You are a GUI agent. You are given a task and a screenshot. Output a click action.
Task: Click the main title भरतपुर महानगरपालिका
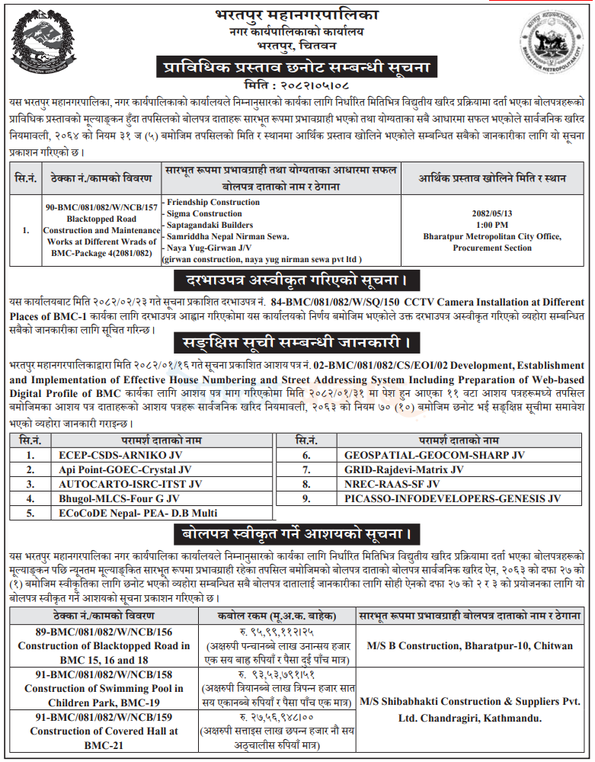296,14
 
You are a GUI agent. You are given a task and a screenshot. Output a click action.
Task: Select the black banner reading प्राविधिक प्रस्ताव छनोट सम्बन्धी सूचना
297,67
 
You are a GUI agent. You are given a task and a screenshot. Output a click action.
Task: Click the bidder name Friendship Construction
213,202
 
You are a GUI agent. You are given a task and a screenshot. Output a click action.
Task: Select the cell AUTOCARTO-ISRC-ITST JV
130,484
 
